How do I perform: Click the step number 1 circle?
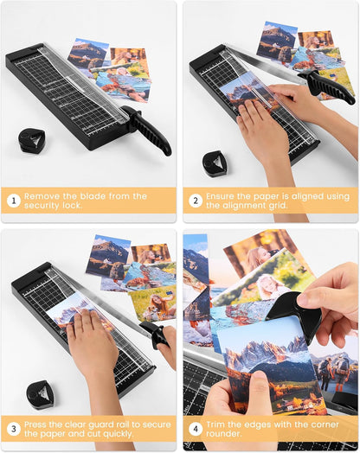(14, 201)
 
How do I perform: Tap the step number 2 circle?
(196, 201)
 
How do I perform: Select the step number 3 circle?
(14, 429)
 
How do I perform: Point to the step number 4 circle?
(196, 429)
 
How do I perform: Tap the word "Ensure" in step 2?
(220, 196)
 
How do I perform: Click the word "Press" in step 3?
(35, 424)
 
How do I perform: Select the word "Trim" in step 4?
(215, 424)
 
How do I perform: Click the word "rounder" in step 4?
(222, 434)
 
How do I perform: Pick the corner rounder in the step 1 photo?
(31, 140)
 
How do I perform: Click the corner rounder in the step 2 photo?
(215, 163)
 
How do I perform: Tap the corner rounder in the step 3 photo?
(40, 394)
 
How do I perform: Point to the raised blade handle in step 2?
(328, 86)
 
